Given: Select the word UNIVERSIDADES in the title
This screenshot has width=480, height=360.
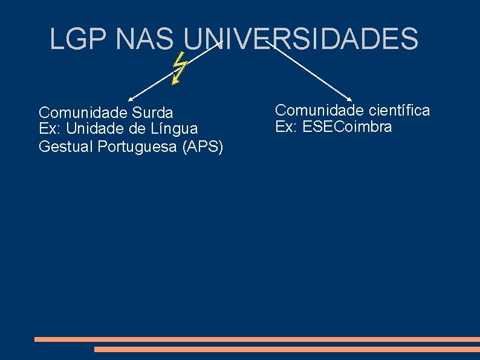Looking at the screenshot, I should (300, 39).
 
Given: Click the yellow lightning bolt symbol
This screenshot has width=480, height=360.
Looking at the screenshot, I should (178, 68).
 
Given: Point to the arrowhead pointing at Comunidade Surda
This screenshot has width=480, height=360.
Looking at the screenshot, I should (130, 98).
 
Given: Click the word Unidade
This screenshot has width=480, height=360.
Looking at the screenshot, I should (94, 128).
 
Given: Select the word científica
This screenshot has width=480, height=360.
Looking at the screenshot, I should (399, 110).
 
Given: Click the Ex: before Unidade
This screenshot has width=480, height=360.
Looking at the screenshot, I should (48, 128).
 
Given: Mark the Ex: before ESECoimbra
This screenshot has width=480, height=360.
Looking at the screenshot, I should (285, 126).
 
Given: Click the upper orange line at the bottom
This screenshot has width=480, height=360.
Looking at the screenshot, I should (257, 339).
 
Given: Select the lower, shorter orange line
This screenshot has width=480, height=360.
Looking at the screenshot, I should (287, 349).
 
